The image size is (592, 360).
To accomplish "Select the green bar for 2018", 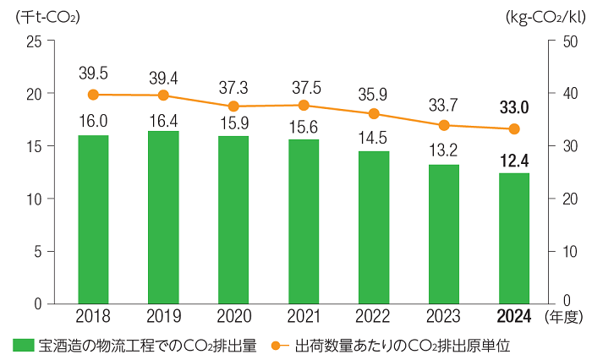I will click(x=93, y=219).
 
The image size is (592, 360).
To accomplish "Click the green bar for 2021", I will click(x=304, y=221).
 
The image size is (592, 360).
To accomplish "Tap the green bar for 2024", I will click(x=514, y=237).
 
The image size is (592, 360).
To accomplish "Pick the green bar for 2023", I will click(x=444, y=233).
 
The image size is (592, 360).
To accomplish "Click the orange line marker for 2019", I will click(x=163, y=95).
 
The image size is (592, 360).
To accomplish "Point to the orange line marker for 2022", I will click(x=374, y=114).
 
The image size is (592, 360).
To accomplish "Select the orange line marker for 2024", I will click(x=514, y=129).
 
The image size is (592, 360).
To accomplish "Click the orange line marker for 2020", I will click(x=233, y=106).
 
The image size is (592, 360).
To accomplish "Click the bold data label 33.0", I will click(x=514, y=106).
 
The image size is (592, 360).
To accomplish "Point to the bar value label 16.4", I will click(x=163, y=120).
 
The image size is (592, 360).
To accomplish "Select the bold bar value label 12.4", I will click(x=514, y=161).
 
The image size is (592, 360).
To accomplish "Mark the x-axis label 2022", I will click(x=374, y=317).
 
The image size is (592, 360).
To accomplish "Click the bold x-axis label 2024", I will click(x=514, y=317).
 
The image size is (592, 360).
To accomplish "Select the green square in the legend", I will click(x=23, y=346).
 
